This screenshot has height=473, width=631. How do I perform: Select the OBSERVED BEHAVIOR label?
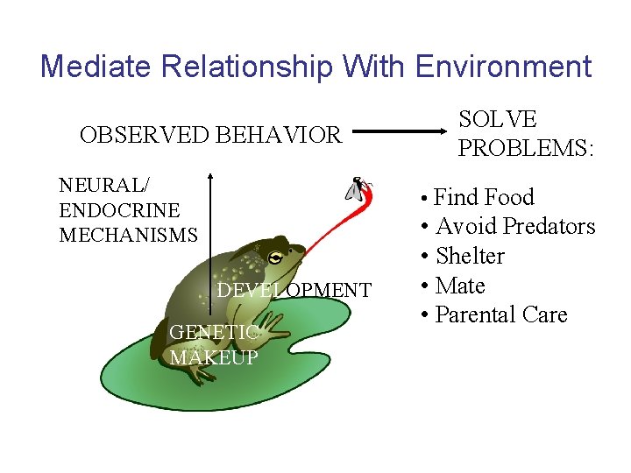210,135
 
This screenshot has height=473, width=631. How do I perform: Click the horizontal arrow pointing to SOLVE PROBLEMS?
400,135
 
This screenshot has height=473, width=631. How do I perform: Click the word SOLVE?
498,120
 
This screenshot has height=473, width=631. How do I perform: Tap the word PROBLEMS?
526,149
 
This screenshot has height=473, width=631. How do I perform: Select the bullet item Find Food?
484,197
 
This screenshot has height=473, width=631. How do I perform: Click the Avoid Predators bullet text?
515,226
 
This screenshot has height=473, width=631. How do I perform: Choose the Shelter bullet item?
470,256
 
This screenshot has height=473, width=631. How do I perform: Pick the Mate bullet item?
460,286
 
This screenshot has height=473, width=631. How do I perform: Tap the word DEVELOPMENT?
294,290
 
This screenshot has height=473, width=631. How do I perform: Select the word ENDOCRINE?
119,210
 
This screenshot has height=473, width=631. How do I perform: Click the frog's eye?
276,258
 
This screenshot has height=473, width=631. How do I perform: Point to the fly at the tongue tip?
358,188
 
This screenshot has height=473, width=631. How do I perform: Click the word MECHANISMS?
128,235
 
